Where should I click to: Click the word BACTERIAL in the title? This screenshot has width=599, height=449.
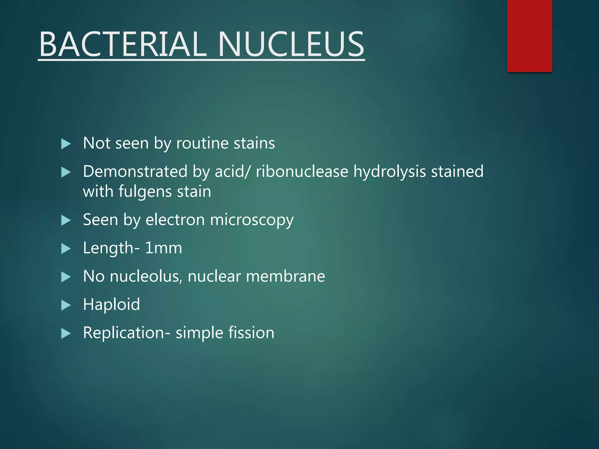pos(123,44)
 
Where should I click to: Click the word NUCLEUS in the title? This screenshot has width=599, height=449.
pos(291,44)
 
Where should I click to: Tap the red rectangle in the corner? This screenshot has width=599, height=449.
pos(529,36)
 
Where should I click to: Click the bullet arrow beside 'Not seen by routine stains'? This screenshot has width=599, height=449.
pos(66,144)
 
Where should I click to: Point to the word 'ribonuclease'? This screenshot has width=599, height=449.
pos(302,171)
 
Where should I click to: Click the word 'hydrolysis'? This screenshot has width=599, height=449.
pos(390,172)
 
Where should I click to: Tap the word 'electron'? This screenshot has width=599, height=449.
pos(175,220)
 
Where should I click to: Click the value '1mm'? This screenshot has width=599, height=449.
pos(163,248)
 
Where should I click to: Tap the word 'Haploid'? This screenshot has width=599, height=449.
pos(111,305)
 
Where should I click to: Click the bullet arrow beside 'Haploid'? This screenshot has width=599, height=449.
pos(66,305)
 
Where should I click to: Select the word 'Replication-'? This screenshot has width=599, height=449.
pos(126,333)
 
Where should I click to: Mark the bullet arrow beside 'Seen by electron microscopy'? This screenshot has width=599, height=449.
pos(66,220)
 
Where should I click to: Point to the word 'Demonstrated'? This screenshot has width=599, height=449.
pos(135,171)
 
